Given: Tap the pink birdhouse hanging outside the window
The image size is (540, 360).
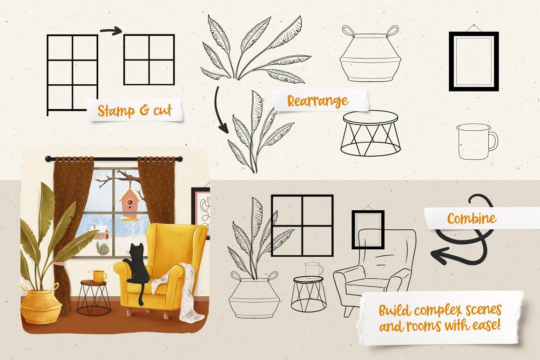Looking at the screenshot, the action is point(129,205).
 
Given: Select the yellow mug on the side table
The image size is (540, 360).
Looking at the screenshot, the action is point(99,276).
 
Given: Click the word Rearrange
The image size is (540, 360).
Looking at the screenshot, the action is point(317,101).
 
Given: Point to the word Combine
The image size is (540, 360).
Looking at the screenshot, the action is point(472,219).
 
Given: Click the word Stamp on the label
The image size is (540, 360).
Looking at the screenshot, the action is point(116,111).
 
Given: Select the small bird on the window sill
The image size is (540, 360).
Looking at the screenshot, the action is point(102,248).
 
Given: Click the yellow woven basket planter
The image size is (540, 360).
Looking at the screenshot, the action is point(40,305).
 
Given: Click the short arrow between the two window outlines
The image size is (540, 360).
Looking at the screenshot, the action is point(111,31).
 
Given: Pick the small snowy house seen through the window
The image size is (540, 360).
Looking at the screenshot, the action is point(100,232).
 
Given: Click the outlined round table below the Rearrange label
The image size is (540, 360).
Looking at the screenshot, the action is point(370,133).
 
